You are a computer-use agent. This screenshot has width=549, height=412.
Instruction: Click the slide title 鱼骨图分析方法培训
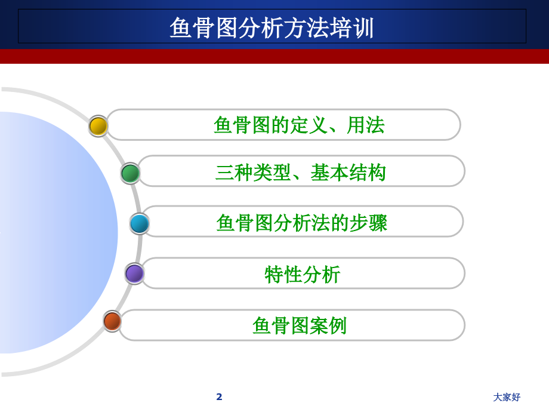(x=272, y=27)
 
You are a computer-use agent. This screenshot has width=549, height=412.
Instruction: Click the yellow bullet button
(x=98, y=126)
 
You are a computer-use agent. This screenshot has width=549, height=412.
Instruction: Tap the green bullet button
(x=130, y=173)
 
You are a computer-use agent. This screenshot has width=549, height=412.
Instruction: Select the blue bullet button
(x=140, y=223)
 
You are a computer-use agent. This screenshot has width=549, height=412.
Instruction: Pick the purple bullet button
(x=134, y=273)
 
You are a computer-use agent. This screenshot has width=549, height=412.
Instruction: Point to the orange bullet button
(x=112, y=321)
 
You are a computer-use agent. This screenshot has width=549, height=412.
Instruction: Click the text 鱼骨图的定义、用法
(x=299, y=125)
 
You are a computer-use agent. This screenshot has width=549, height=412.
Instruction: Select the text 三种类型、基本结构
(x=301, y=173)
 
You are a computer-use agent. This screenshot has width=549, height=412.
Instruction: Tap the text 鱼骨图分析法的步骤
(x=302, y=223)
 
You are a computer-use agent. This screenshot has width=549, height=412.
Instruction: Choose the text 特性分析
(x=302, y=274)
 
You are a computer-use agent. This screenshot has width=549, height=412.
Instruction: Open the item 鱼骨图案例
(x=299, y=325)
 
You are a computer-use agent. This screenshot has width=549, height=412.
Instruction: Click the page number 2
(x=219, y=396)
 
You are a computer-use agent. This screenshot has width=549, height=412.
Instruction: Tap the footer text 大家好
(x=507, y=397)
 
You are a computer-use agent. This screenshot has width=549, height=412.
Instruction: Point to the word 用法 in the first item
(x=366, y=125)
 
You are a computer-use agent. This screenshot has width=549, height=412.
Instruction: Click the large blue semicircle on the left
(x=54, y=233)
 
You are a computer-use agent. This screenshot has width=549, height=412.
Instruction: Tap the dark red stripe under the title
(x=274, y=56)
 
